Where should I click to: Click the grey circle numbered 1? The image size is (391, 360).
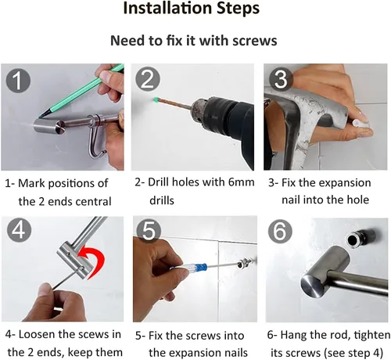click(x=18, y=80)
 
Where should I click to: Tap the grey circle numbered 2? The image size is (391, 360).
click(x=148, y=79)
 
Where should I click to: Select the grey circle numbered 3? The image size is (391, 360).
click(x=281, y=79)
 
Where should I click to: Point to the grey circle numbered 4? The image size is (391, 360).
click(x=19, y=231)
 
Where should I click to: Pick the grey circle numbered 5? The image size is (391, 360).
click(x=149, y=230)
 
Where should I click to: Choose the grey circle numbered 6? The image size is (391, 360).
click(x=281, y=231)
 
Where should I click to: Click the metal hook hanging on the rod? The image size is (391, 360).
click(x=97, y=139)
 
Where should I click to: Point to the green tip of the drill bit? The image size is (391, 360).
click(x=156, y=99)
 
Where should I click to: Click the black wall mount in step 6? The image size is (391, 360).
click(x=361, y=239)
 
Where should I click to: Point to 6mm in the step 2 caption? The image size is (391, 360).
click(x=242, y=182)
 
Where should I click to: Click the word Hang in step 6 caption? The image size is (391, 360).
click(x=293, y=336)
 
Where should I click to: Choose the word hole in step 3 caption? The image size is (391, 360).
click(x=358, y=200)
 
